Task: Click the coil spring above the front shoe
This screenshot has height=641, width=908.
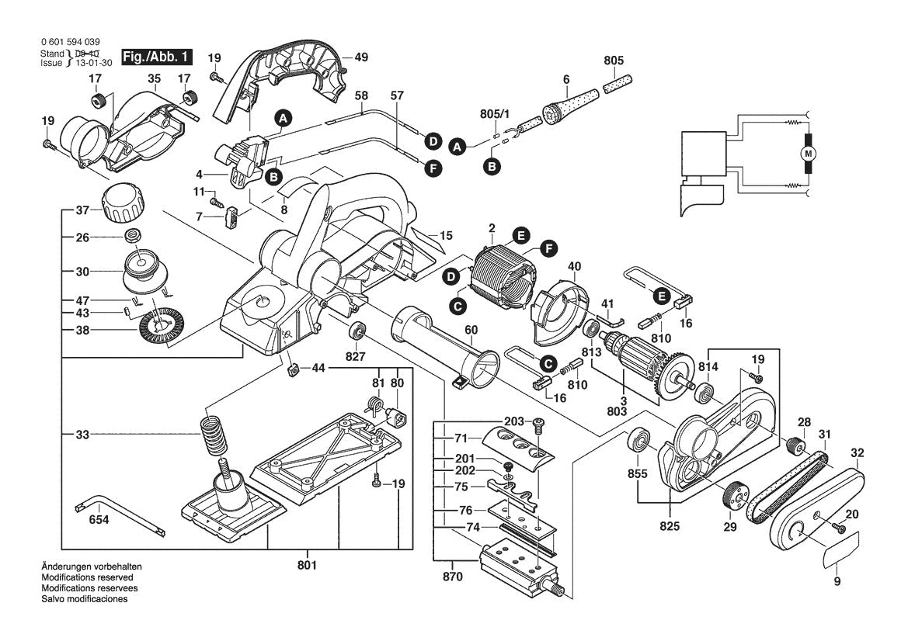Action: point(212,438)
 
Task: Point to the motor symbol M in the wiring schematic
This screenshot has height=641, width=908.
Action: point(809,154)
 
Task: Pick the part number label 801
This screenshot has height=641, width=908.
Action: point(308,565)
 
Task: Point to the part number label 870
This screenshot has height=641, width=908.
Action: point(453,577)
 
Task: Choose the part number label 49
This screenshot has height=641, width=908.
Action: point(361,57)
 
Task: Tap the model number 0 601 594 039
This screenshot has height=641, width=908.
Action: point(70,42)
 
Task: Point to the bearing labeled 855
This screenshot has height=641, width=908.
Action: point(641,440)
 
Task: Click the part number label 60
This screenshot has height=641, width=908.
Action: point(471,330)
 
